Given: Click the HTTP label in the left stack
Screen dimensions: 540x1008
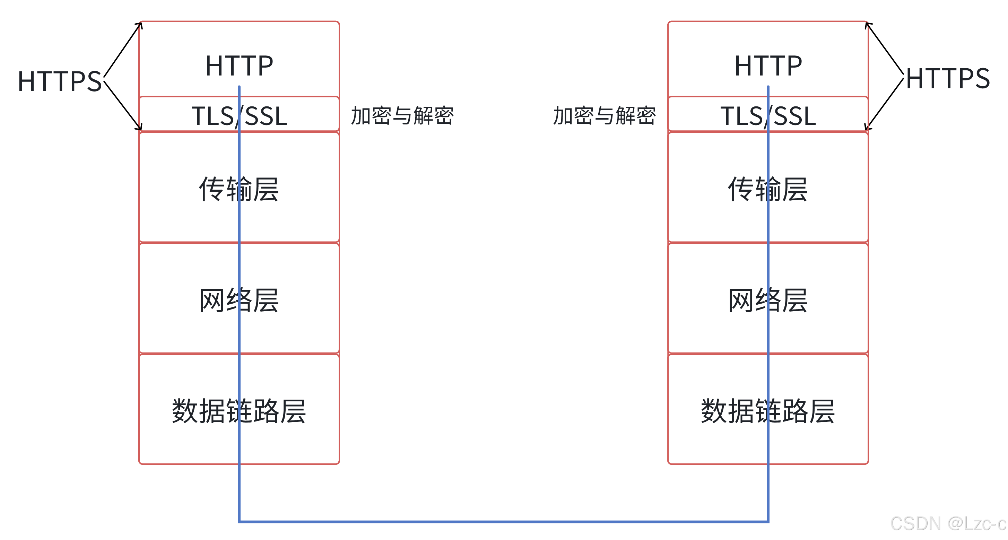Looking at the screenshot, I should click(x=239, y=66).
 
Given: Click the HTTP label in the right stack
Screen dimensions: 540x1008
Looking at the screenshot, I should click(x=768, y=66).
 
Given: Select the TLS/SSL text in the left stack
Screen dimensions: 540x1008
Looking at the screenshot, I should click(x=239, y=116).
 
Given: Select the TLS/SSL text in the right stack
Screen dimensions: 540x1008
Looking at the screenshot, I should click(x=768, y=116).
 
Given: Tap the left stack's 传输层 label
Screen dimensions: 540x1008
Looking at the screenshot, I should click(x=239, y=189).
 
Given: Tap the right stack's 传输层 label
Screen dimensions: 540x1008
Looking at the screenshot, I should click(x=768, y=189).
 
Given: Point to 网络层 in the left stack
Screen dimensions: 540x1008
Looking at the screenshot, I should click(x=239, y=300).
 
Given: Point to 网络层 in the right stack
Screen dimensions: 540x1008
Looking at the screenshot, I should click(x=768, y=300).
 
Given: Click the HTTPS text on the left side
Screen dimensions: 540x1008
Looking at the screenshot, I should click(x=60, y=81).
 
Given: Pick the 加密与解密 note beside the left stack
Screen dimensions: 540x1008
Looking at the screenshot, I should click(x=402, y=116).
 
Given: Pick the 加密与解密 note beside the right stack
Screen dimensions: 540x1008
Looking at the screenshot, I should click(x=605, y=116).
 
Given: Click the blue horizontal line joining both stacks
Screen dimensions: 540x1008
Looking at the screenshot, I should click(x=504, y=521).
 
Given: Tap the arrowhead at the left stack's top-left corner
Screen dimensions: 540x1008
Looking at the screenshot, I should click(x=140, y=25).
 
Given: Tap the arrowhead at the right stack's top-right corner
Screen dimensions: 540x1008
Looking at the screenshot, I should click(x=868, y=25).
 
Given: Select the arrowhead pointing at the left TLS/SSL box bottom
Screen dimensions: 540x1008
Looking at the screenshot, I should click(x=140, y=128).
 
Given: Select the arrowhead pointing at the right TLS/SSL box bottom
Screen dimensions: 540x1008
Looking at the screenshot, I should click(x=868, y=128).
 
